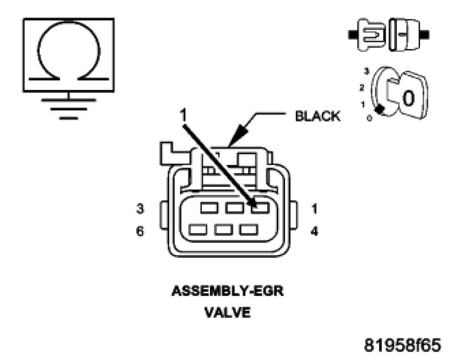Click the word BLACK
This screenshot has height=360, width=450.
(x=317, y=116)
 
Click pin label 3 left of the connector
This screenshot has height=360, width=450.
(x=140, y=208)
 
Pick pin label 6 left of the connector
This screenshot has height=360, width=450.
(x=140, y=231)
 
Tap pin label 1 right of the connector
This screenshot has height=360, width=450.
(x=315, y=208)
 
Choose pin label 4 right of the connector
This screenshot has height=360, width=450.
(x=315, y=231)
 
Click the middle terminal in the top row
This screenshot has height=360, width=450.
(x=235, y=208)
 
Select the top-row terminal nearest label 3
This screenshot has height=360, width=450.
(x=210, y=208)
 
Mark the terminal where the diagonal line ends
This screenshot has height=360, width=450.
(x=260, y=208)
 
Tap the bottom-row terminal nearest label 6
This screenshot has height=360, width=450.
(x=198, y=230)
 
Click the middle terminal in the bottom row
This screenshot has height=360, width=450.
(x=223, y=230)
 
